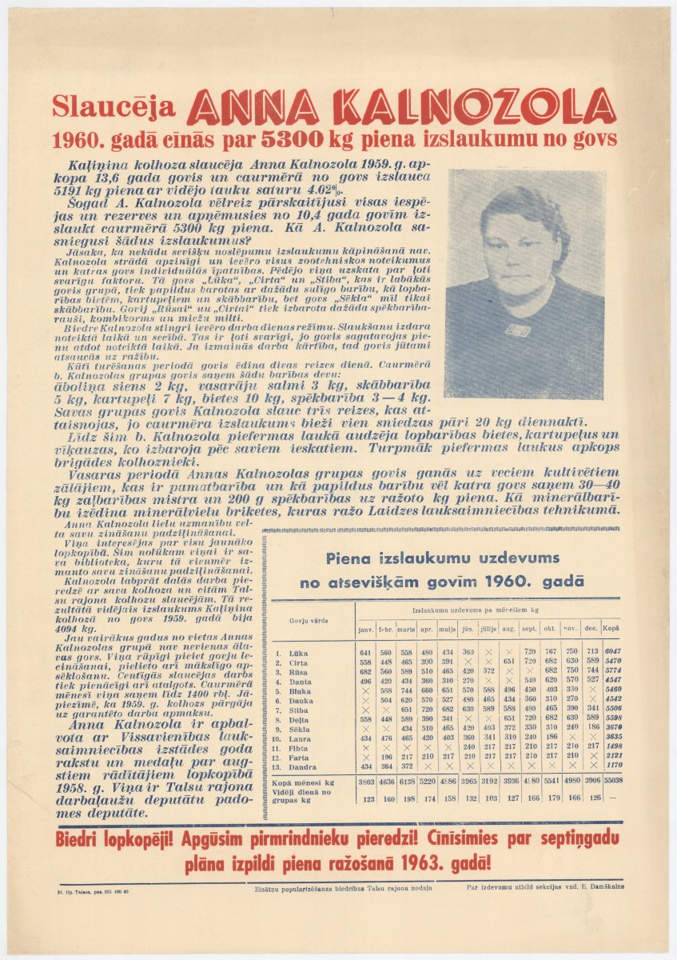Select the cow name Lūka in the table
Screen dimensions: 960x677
[300, 652]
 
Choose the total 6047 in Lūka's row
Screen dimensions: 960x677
[613, 652]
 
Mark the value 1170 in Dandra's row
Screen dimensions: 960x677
[613, 767]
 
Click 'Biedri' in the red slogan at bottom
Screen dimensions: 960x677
[84, 841]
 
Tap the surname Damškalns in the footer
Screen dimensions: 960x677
[605, 886]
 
